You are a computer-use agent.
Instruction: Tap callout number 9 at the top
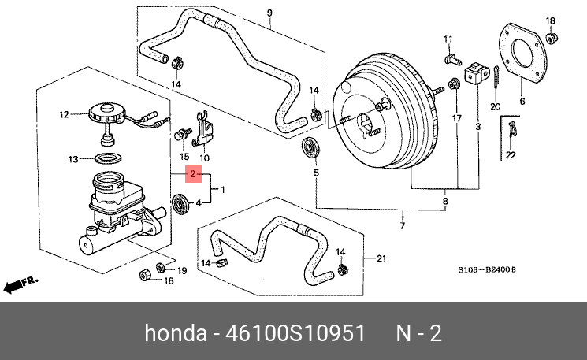[x=269, y=12]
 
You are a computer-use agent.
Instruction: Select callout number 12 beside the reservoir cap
[x=65, y=114]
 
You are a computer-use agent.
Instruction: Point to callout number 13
[x=73, y=159]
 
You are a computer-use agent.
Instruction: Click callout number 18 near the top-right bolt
[x=551, y=20]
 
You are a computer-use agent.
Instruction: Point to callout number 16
[x=168, y=280]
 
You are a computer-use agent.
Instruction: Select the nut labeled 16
[x=146, y=275]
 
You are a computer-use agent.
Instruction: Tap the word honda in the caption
[x=174, y=333]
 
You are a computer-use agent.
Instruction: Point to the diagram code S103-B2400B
[x=487, y=269]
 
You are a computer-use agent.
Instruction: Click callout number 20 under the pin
[x=495, y=106]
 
